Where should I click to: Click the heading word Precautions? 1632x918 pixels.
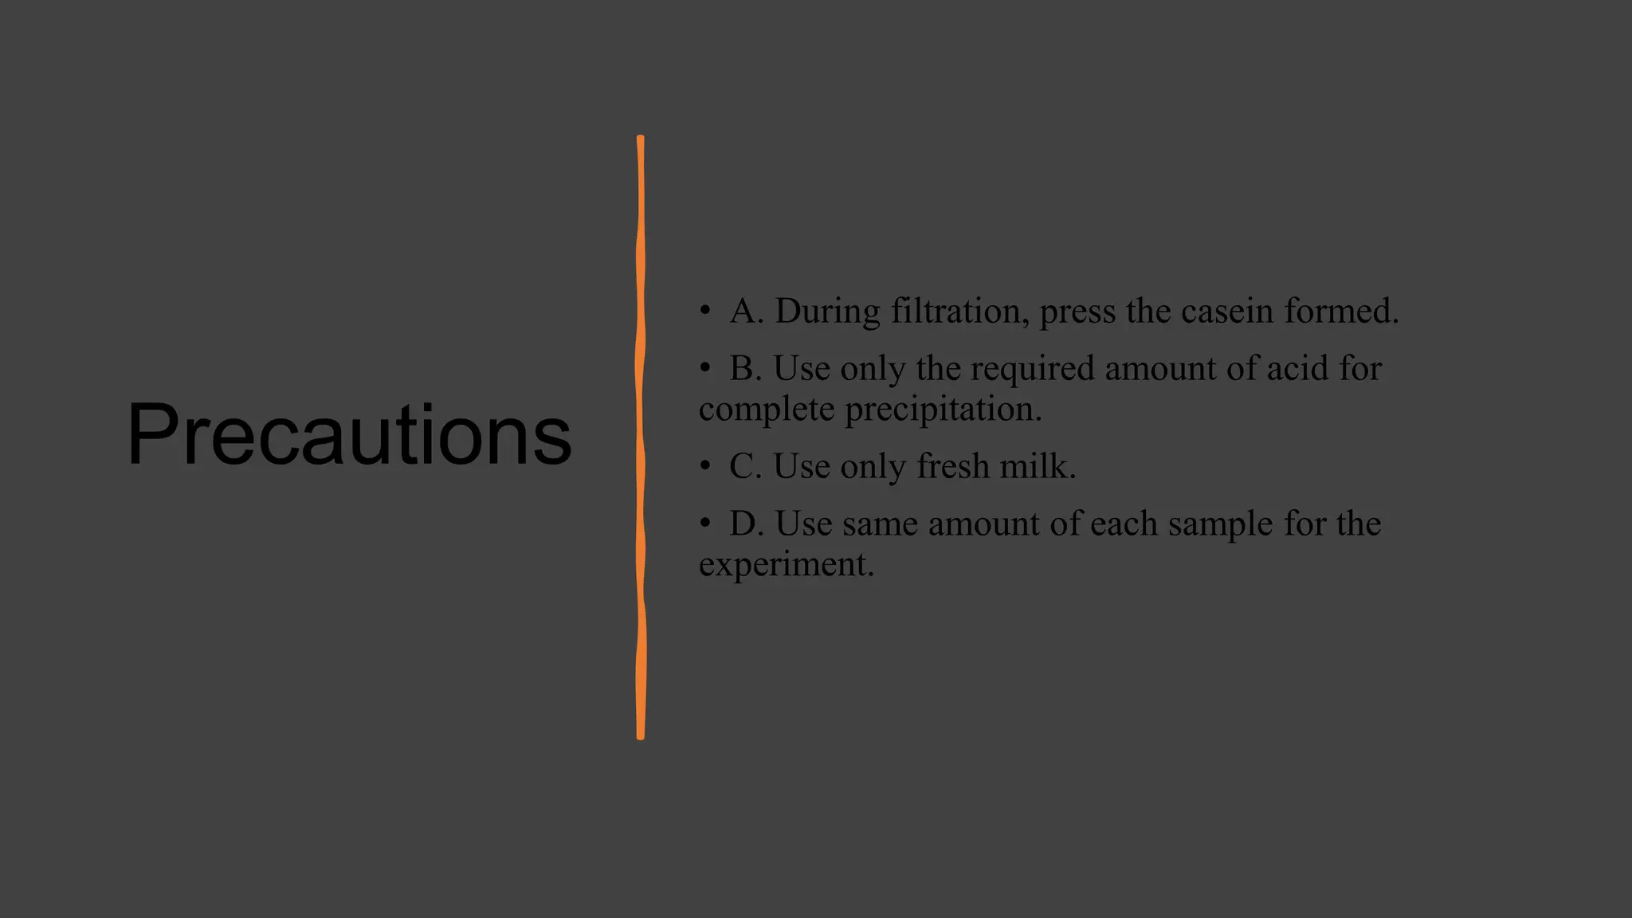point(349,434)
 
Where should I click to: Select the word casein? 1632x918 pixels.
point(1227,311)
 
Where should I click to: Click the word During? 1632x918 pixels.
point(827,311)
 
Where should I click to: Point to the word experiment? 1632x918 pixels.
point(786,565)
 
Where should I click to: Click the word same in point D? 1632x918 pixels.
point(880,524)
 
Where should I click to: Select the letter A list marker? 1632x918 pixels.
point(746,311)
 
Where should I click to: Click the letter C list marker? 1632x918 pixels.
point(745,466)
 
